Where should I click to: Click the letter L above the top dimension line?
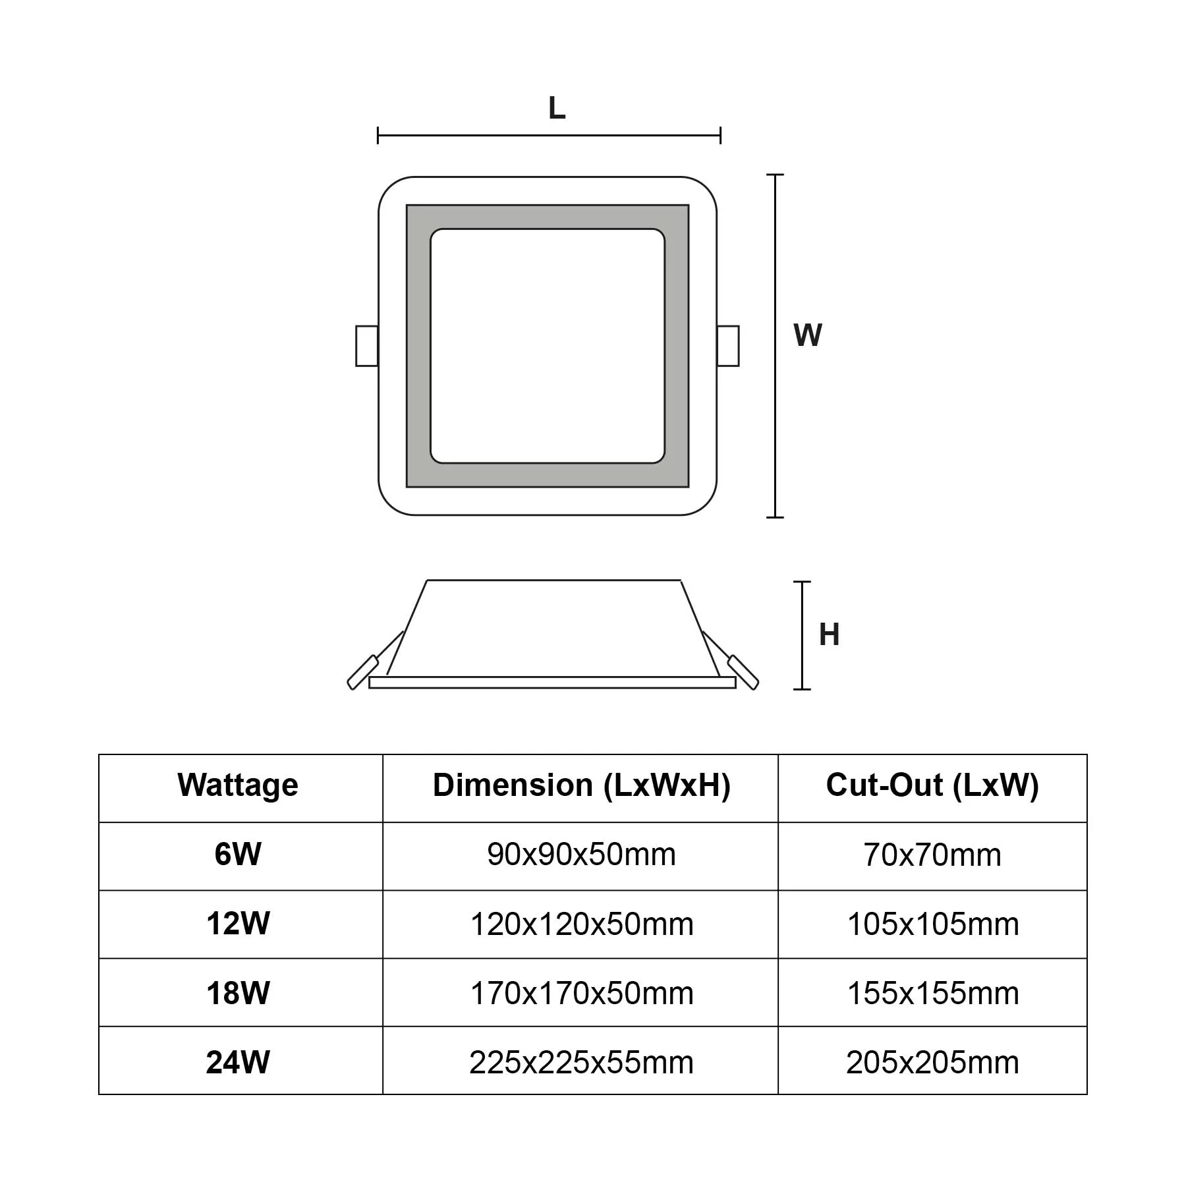click(557, 108)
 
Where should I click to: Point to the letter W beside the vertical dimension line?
click(807, 335)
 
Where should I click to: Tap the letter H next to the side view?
click(829, 635)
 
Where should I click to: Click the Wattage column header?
click(238, 785)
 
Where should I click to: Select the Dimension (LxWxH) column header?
click(581, 785)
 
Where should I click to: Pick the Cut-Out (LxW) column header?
click(932, 785)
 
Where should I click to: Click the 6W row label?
click(238, 855)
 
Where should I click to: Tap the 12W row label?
click(238, 924)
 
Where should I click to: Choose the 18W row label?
click(238, 993)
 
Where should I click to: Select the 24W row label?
click(238, 1062)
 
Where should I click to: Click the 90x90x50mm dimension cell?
click(581, 855)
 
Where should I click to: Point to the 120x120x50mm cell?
click(581, 924)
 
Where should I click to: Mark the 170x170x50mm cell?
click(581, 993)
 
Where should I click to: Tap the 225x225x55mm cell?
click(581, 1062)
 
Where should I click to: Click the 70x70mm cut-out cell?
click(932, 855)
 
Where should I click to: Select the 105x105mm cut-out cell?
click(932, 924)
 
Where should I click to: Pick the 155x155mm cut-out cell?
click(932, 993)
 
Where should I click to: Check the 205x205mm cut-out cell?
click(932, 1062)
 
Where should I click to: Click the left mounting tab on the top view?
click(366, 346)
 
